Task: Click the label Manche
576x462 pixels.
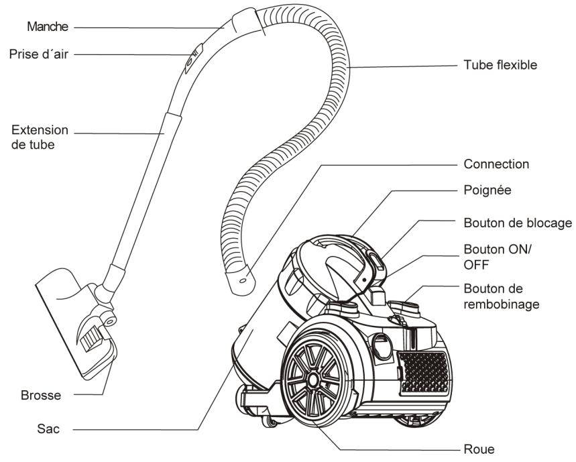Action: (x=48, y=26)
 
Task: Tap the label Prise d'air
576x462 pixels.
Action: (x=39, y=54)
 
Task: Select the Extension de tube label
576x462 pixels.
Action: (x=40, y=137)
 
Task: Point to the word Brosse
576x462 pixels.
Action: (x=41, y=395)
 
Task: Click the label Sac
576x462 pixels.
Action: (x=48, y=428)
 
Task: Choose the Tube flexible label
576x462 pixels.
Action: (x=500, y=65)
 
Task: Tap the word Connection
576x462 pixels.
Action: (x=496, y=164)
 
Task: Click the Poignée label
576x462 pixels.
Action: (x=487, y=190)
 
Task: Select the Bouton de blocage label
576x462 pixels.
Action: (x=518, y=223)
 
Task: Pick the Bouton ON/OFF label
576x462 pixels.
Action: (x=498, y=257)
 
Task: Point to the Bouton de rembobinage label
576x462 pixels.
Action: (x=502, y=296)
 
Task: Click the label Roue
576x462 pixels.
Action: (x=479, y=449)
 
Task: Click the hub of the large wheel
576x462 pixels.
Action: (x=313, y=380)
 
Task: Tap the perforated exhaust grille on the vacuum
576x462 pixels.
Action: (x=424, y=372)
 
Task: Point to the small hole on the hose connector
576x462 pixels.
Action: (x=243, y=280)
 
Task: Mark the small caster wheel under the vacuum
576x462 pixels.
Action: (x=270, y=422)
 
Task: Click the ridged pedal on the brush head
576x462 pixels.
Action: (x=91, y=338)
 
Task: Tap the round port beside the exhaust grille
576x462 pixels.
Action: (x=382, y=346)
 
